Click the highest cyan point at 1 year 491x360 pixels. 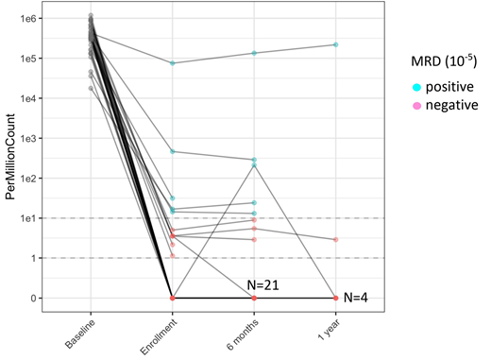[x=336, y=44]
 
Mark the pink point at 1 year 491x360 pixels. [x=336, y=239]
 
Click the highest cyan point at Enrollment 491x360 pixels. [x=172, y=63]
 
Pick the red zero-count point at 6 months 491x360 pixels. [x=254, y=298]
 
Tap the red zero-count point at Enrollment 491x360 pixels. [x=172, y=298]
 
